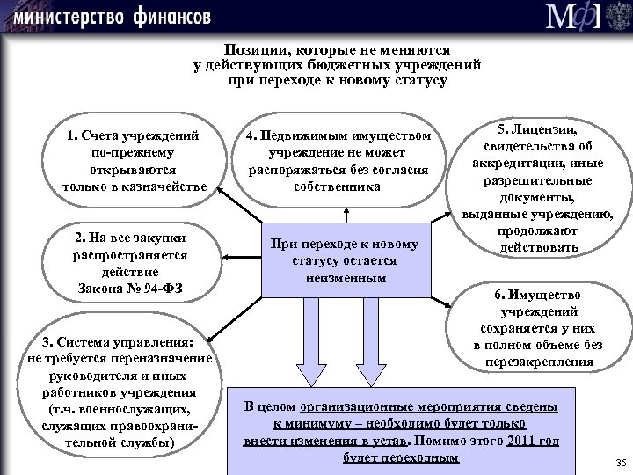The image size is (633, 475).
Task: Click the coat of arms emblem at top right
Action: pos(614,17)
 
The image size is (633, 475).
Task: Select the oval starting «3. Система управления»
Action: pos(117,391)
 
